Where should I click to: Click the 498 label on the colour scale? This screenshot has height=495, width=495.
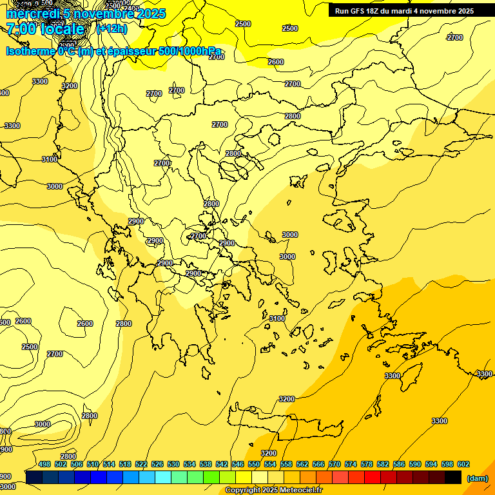click(44, 464)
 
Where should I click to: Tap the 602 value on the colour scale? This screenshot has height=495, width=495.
click(463, 464)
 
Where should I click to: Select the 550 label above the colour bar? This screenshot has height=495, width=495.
click(254, 464)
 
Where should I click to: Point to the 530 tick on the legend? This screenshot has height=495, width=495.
click(173, 464)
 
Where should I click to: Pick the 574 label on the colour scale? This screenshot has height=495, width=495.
click(351, 464)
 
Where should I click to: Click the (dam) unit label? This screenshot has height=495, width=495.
click(478, 478)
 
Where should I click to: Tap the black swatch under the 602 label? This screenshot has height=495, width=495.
click(453, 477)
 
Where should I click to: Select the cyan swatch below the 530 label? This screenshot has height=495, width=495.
click(163, 477)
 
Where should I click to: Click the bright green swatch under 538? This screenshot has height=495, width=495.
click(211, 477)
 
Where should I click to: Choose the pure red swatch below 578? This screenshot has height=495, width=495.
click(373, 477)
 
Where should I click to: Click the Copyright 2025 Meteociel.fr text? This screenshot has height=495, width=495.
click(273, 490)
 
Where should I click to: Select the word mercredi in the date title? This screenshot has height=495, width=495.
click(31, 14)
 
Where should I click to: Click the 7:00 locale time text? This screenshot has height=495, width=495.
click(45, 29)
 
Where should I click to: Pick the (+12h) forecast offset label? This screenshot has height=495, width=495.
click(112, 29)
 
